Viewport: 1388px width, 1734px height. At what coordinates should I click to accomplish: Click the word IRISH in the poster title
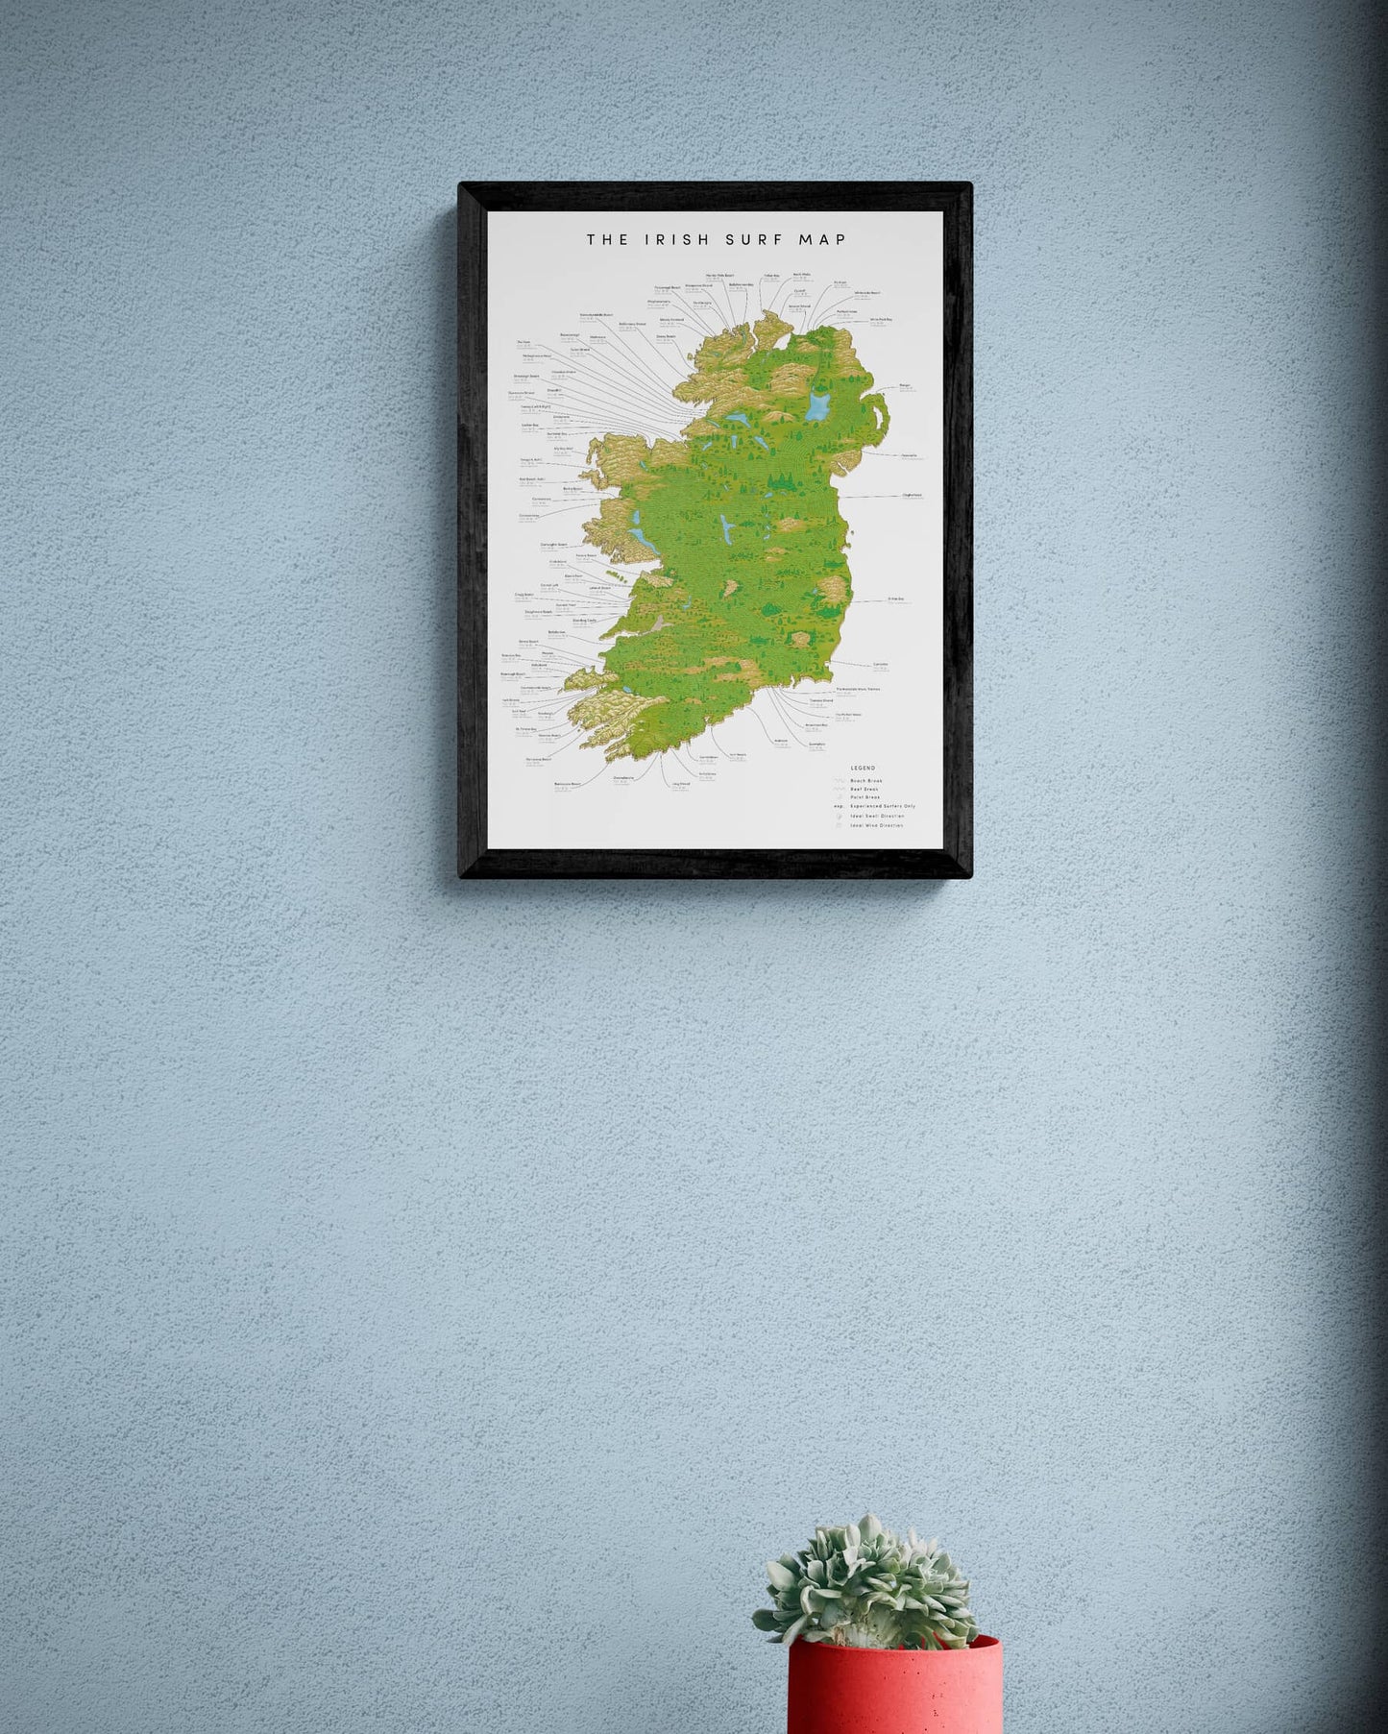[670, 239]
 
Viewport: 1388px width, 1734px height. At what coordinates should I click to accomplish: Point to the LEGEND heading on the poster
[863, 768]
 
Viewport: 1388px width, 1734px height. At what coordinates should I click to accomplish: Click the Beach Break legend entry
[865, 781]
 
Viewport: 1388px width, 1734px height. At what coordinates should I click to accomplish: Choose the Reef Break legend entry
[864, 789]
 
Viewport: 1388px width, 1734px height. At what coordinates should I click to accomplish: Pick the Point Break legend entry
[864, 797]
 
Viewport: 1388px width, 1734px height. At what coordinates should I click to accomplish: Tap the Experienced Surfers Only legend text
[882, 806]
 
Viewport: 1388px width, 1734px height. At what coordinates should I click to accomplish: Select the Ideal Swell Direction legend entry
[877, 816]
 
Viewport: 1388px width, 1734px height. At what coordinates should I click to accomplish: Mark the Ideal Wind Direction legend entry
[876, 825]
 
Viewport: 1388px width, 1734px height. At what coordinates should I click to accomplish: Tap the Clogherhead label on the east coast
[912, 496]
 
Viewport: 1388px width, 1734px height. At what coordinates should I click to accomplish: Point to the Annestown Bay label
[816, 724]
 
